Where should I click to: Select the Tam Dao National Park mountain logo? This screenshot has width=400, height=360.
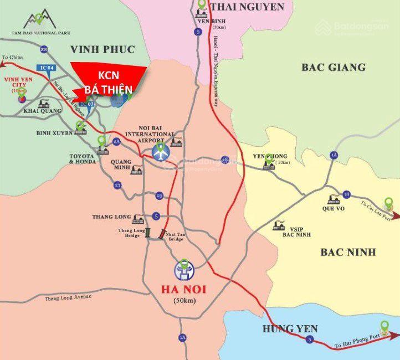pos(39,20)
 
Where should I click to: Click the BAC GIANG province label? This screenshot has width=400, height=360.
pos(333,68)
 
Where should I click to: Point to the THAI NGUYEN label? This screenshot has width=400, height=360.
pos(247,7)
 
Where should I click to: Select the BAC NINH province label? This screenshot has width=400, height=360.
pos(348,253)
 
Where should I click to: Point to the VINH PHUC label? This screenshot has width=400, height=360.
pos(102,50)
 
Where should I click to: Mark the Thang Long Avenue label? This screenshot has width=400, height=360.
pos(68,297)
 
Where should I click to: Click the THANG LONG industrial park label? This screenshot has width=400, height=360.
pos(111,217)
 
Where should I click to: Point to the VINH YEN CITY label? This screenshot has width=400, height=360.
pos(16,85)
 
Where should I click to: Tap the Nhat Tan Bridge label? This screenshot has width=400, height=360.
pos(176,236)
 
